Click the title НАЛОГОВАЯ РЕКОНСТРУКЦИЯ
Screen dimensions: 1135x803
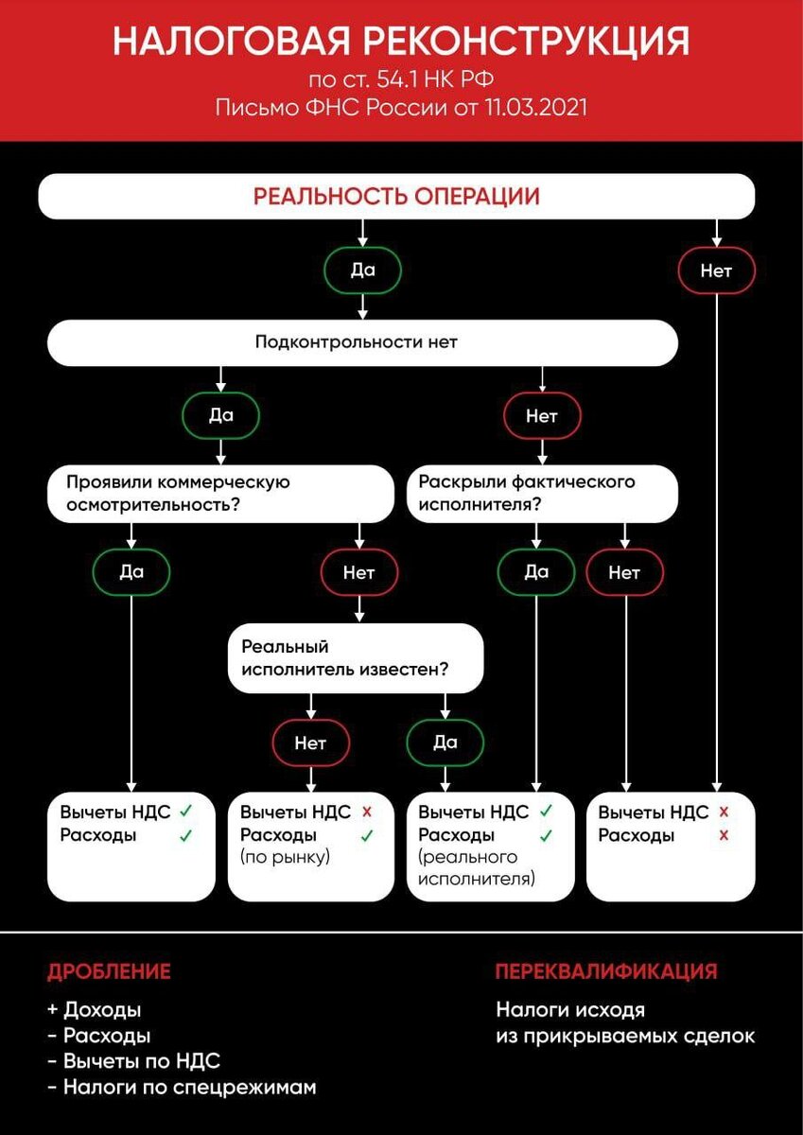[401, 43]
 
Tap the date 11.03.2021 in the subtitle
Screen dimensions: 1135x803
[534, 107]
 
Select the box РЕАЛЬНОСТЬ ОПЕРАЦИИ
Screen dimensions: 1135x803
[396, 197]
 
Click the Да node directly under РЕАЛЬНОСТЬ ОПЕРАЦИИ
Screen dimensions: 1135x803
[363, 271]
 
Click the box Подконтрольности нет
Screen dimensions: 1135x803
[362, 341]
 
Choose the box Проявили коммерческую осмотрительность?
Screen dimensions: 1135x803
[220, 493]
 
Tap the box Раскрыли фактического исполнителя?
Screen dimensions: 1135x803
[543, 493]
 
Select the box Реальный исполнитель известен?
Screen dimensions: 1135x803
[356, 659]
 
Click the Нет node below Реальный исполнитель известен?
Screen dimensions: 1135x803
[310, 742]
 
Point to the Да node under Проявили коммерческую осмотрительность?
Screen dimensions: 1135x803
[131, 571]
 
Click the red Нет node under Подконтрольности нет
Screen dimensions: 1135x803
[542, 415]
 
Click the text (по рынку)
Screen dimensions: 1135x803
[285, 858]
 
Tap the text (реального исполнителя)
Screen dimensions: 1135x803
[477, 868]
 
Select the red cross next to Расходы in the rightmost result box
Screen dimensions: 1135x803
[724, 835]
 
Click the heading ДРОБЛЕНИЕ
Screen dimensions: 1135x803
[109, 971]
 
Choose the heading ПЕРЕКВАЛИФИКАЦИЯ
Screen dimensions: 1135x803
[605, 971]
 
